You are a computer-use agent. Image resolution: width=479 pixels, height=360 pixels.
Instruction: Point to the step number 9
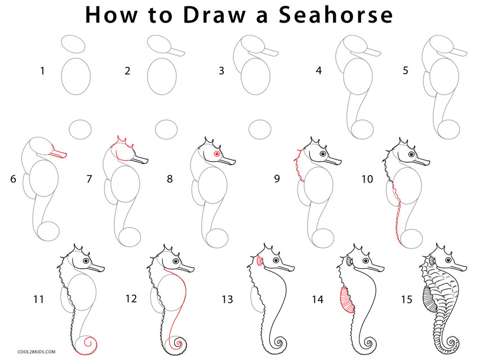click(277, 179)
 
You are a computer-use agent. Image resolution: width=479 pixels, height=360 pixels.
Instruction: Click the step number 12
click(131, 299)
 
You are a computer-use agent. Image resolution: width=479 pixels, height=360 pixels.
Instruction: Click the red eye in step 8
click(216, 154)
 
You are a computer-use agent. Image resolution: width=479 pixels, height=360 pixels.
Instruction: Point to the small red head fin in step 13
click(260, 261)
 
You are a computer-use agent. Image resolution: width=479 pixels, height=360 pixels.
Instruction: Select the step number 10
click(367, 179)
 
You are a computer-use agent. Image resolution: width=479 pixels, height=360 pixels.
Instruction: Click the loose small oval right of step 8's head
click(260, 130)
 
